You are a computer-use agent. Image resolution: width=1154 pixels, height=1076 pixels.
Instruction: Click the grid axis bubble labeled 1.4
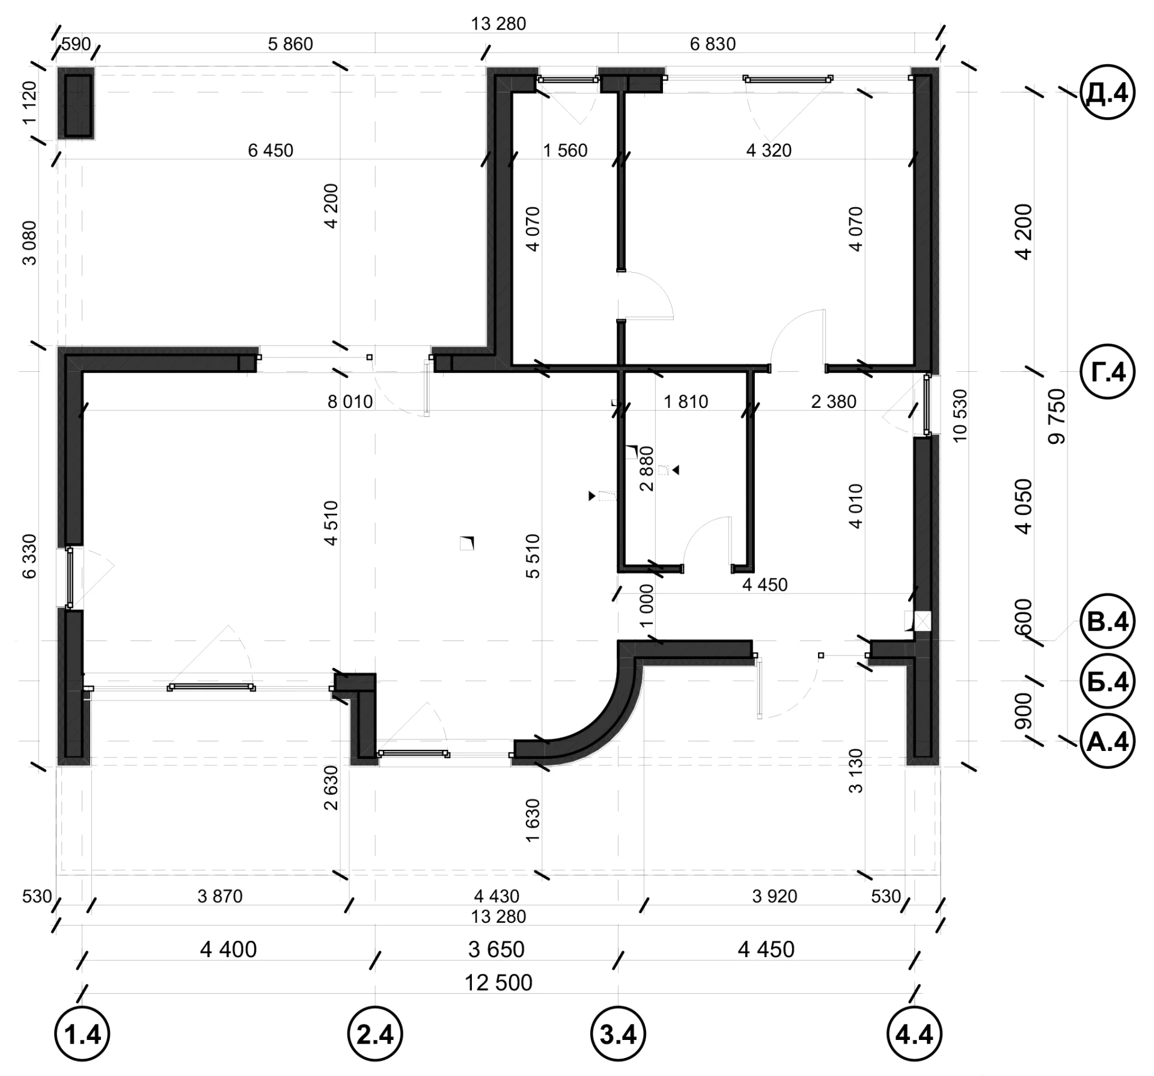tap(82, 1035)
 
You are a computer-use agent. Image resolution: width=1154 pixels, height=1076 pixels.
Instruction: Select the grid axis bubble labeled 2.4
tap(375, 1035)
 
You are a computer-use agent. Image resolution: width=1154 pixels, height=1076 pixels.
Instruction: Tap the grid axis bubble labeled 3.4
tap(618, 1035)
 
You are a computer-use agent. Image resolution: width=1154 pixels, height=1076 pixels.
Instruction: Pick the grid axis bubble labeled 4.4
tap(914, 1035)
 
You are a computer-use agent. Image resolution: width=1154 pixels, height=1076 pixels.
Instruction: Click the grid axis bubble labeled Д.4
tap(1108, 93)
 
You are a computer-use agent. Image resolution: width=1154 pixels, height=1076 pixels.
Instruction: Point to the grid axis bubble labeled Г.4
tap(1108, 372)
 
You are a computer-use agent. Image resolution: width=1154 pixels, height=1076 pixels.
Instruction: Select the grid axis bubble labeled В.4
tap(1108, 622)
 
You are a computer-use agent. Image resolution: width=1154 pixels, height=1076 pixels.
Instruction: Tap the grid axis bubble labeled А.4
tap(1108, 741)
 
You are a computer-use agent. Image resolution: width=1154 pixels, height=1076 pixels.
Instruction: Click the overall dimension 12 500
tap(498, 983)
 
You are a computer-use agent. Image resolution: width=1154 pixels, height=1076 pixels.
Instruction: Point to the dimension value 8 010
tap(350, 401)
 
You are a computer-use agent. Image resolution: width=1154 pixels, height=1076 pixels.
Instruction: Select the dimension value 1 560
tap(565, 150)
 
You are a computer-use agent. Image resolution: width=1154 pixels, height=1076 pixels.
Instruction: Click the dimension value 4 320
tap(769, 150)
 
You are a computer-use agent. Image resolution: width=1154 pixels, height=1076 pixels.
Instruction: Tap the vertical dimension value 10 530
tap(960, 416)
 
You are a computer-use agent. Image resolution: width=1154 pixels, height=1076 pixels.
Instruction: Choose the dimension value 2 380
tap(834, 401)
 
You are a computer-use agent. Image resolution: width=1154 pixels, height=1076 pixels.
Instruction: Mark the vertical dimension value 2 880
tap(646, 469)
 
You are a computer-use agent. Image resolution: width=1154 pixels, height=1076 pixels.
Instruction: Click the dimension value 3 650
tap(496, 950)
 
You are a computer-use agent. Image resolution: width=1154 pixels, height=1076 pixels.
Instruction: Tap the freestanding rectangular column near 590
tap(76, 104)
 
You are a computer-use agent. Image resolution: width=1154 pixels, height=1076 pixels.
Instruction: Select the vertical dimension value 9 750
tap(1056, 416)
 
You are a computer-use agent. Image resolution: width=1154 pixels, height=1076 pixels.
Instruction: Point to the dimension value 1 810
tap(686, 401)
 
